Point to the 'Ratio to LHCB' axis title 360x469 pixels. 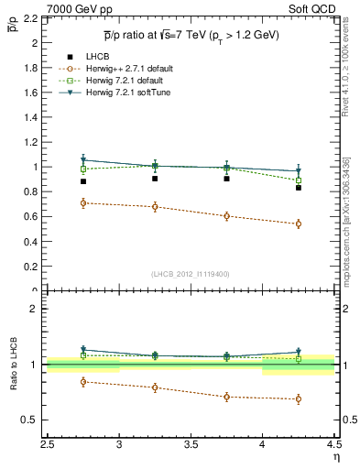point(14,365)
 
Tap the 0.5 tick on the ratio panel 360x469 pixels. point(33,420)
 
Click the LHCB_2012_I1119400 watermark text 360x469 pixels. point(191,274)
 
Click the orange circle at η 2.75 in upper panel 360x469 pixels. point(83,203)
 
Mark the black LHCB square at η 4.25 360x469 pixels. point(298,188)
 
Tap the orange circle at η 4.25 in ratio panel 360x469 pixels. point(298,398)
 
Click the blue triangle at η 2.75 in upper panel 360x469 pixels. point(83,160)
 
